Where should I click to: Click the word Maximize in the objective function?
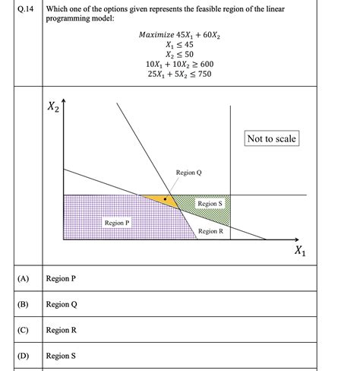[159, 35]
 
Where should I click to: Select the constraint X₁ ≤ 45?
[179, 45]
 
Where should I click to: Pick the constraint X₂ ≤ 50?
[179, 55]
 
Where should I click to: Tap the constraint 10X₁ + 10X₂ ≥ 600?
[179, 65]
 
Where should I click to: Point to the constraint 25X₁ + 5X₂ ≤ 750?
[179, 75]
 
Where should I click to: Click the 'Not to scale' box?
[271, 138]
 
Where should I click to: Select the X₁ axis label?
[302, 252]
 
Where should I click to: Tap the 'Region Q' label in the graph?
[188, 173]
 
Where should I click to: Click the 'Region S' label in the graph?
[210, 204]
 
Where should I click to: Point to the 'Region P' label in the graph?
[117, 223]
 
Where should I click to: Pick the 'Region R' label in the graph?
[210, 231]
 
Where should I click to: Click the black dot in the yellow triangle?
[165, 198]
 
